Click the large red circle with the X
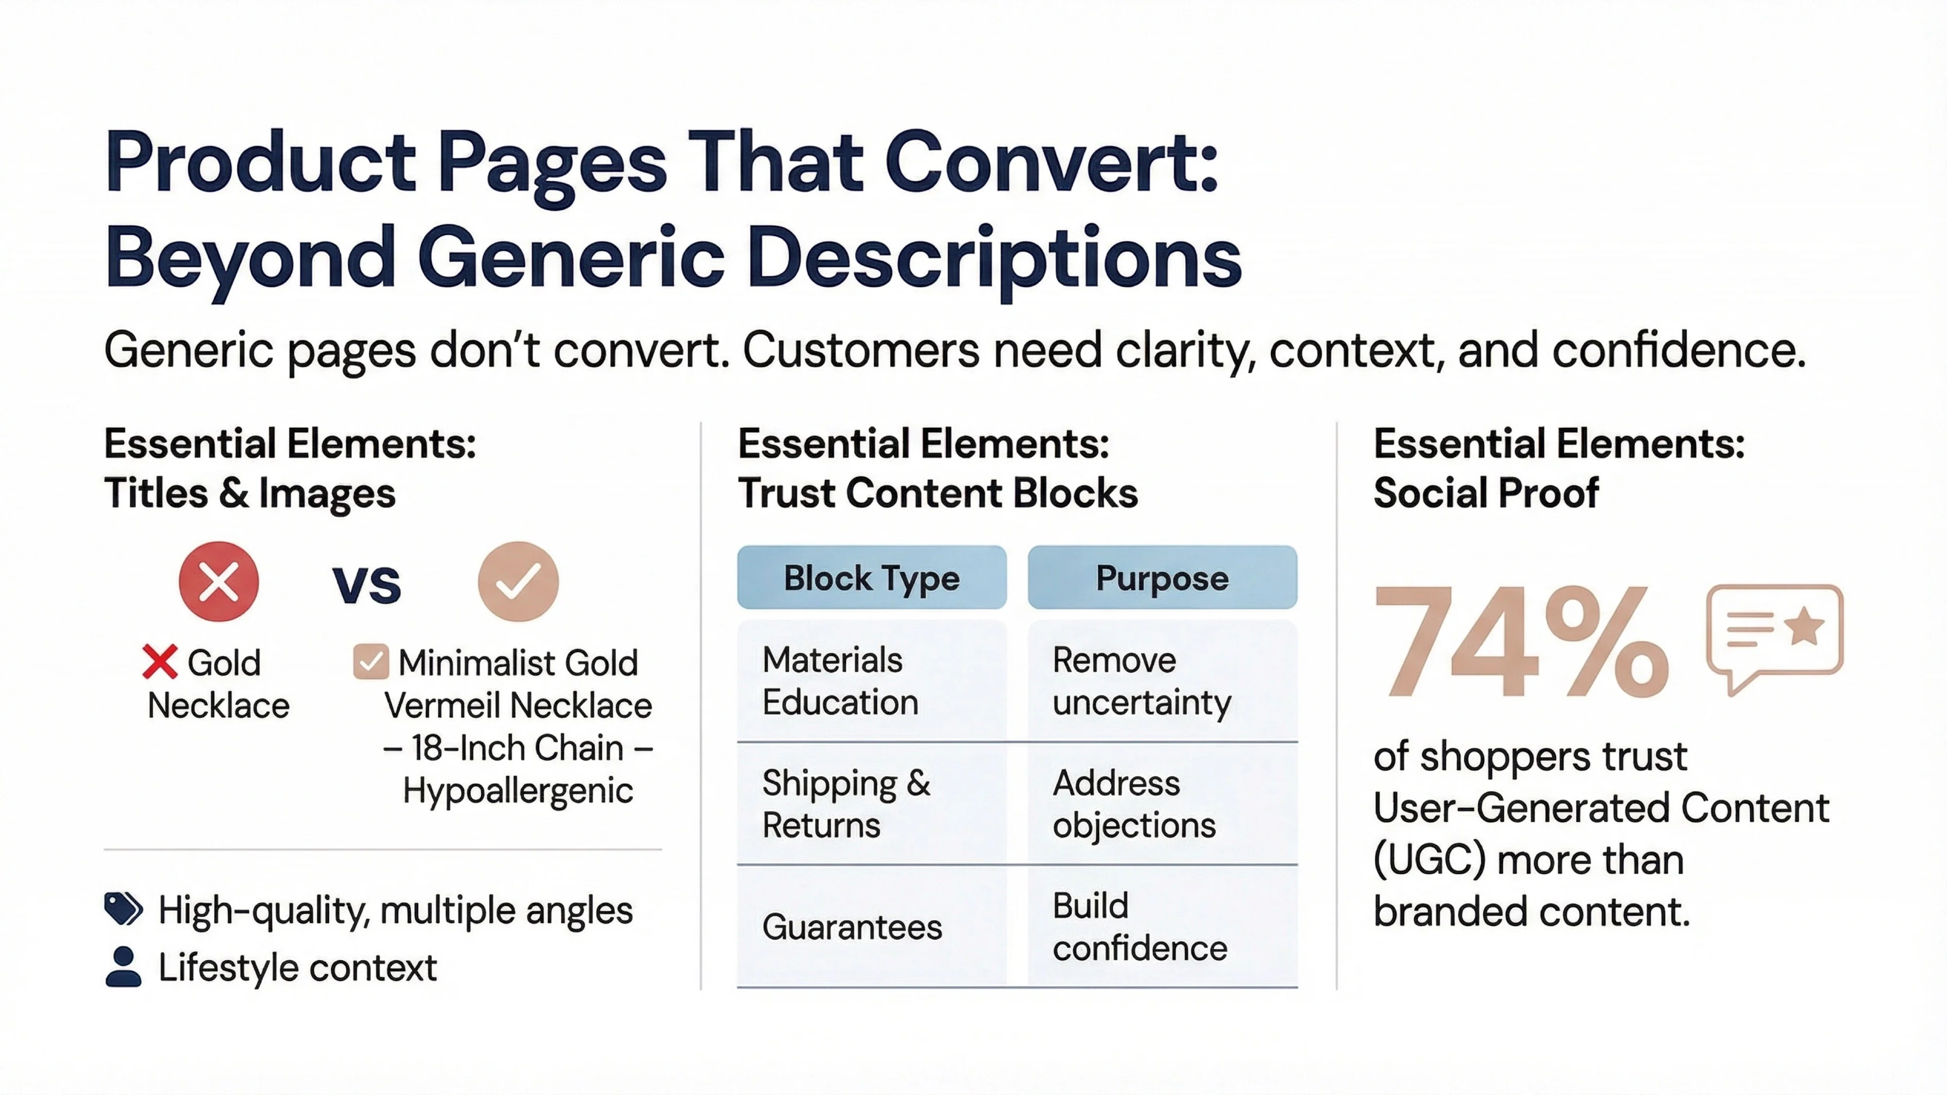tap(219, 581)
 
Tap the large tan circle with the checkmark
tap(518, 581)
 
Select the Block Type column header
tap(871, 578)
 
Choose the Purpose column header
tap(1162, 578)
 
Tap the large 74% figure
tap(1521, 641)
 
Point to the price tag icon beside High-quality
tap(123, 909)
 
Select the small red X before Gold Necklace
tap(160, 662)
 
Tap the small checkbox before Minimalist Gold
tap(370, 662)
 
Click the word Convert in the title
tap(1051, 163)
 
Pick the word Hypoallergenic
tap(518, 790)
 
